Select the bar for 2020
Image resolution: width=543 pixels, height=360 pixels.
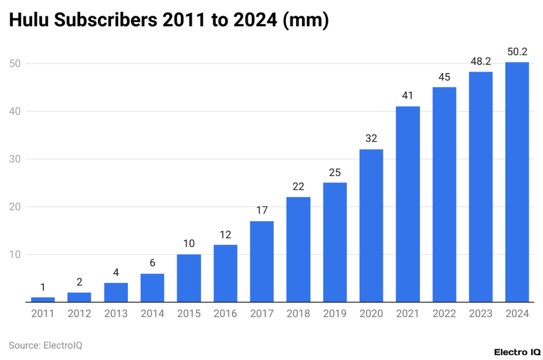[371, 225]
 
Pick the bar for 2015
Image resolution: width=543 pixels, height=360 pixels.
[189, 278]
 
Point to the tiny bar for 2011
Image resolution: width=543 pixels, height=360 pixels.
[43, 300]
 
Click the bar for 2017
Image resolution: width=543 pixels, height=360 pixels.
[262, 261]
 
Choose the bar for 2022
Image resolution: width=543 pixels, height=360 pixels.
[444, 195]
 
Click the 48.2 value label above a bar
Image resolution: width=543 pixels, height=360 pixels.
[480, 62]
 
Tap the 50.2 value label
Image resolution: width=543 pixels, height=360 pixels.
[517, 52]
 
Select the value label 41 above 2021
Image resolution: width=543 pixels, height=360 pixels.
[408, 96]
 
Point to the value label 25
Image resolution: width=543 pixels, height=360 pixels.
[335, 172]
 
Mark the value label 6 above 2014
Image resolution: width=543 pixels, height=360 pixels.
[152, 263]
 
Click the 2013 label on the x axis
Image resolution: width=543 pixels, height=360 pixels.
[116, 313]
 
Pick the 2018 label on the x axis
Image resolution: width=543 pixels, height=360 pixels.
[298, 313]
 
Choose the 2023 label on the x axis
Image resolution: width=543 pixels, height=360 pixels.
[480, 313]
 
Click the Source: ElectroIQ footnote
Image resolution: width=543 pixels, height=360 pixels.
[46, 345]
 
